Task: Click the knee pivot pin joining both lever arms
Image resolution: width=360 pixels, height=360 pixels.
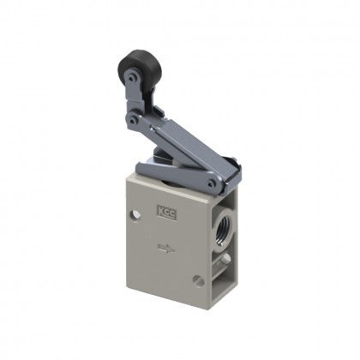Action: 134,123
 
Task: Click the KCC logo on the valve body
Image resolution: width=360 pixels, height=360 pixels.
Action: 163,209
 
